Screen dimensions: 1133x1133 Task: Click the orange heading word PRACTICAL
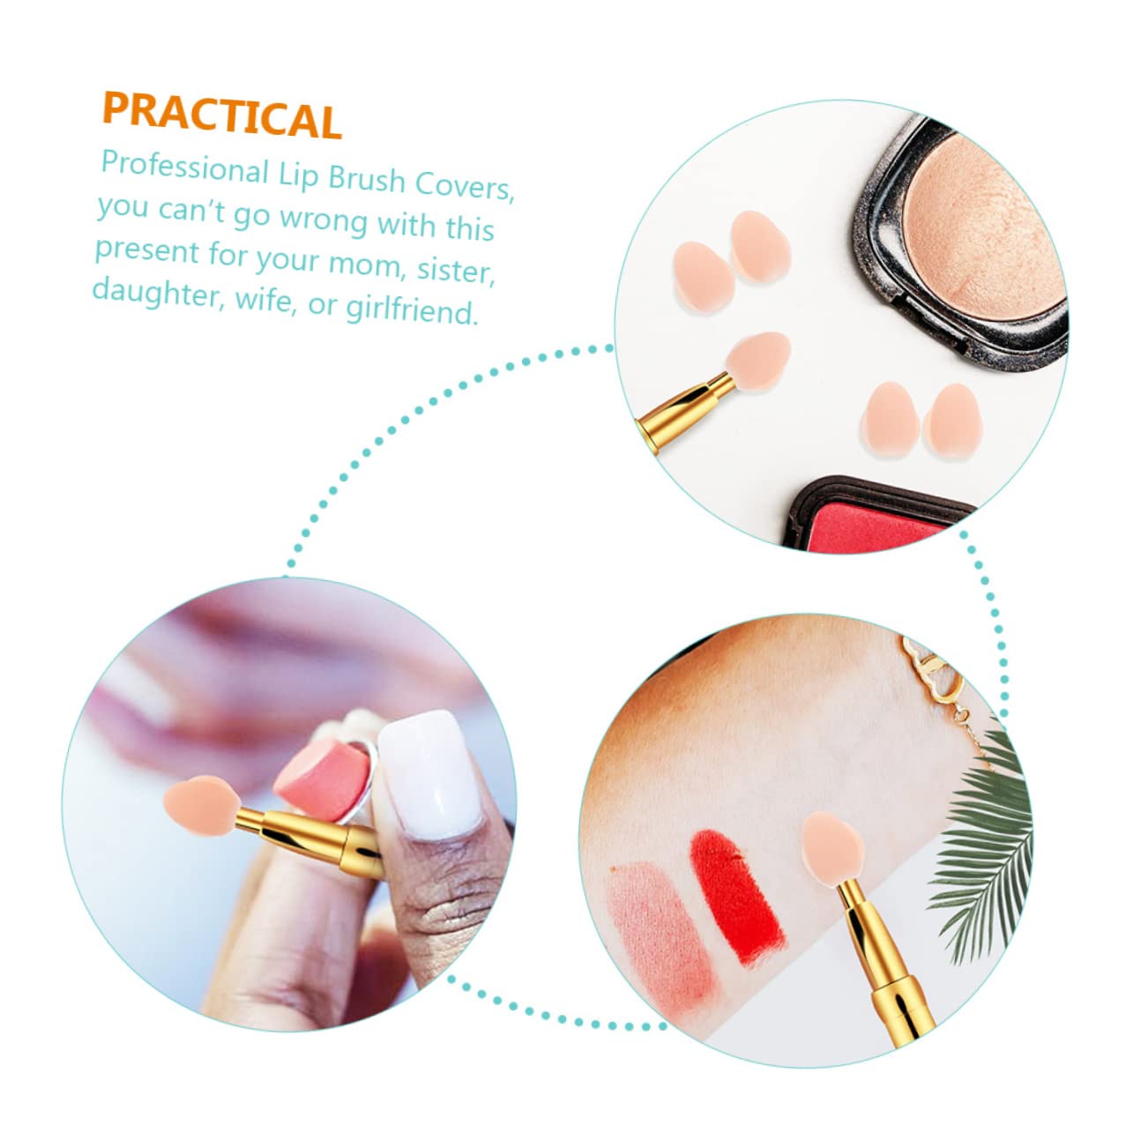(x=221, y=115)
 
